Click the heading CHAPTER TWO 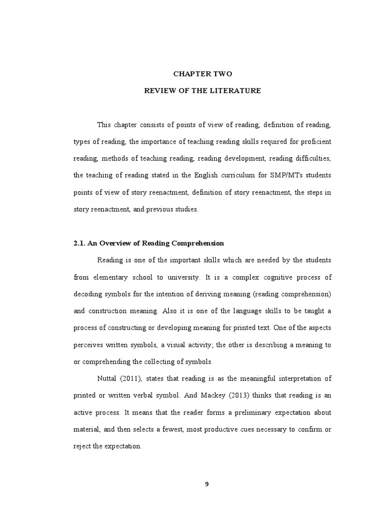pyautogui.click(x=203, y=74)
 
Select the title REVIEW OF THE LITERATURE pyautogui.click(x=203, y=91)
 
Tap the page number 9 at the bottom pyautogui.click(x=206, y=484)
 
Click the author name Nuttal pyautogui.click(x=107, y=378)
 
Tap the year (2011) pyautogui.click(x=132, y=378)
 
